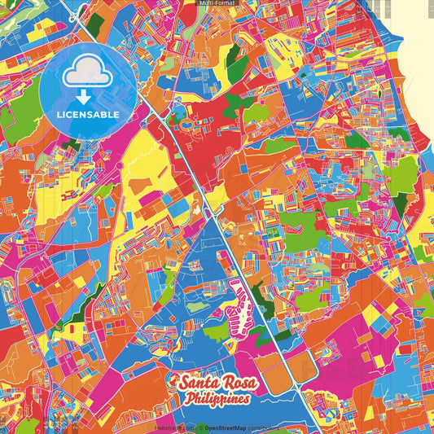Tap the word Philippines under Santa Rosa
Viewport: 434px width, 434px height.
point(217,399)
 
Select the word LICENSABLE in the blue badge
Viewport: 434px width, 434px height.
point(88,115)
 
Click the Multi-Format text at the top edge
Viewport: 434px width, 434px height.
point(217,3)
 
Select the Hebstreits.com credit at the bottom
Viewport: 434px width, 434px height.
point(173,427)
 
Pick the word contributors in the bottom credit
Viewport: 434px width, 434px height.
point(259,427)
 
